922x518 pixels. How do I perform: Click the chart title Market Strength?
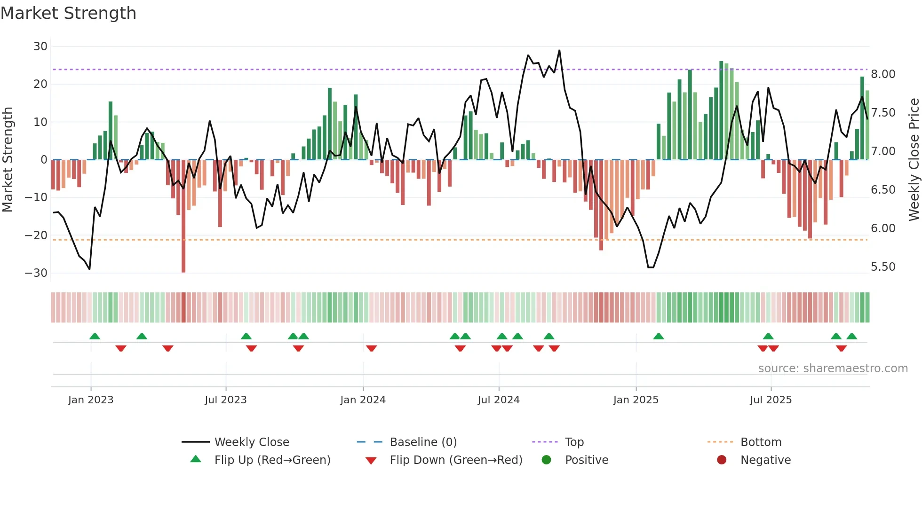coord(68,13)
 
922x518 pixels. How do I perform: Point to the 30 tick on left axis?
coord(40,47)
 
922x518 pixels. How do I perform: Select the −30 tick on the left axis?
coord(36,273)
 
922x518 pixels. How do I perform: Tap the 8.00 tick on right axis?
coord(883,74)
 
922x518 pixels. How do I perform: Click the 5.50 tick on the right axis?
coord(883,267)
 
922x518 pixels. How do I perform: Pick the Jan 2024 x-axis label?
coord(363,400)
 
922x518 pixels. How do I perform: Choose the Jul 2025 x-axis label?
coord(771,400)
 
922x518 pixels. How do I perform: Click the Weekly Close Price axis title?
coord(914,160)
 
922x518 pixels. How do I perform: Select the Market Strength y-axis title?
coord(8,160)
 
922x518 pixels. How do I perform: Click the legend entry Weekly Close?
coord(252,442)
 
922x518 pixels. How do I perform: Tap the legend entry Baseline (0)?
coord(423,442)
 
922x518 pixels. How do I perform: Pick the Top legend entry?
coord(574,442)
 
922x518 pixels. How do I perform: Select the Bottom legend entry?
coord(761,442)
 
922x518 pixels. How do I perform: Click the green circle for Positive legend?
coord(546,460)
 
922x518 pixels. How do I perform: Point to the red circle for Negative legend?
coord(722,460)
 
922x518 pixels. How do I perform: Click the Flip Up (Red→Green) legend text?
coord(272,460)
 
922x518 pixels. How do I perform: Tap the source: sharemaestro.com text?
coord(833,369)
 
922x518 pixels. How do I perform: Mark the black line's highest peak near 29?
coord(559,50)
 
